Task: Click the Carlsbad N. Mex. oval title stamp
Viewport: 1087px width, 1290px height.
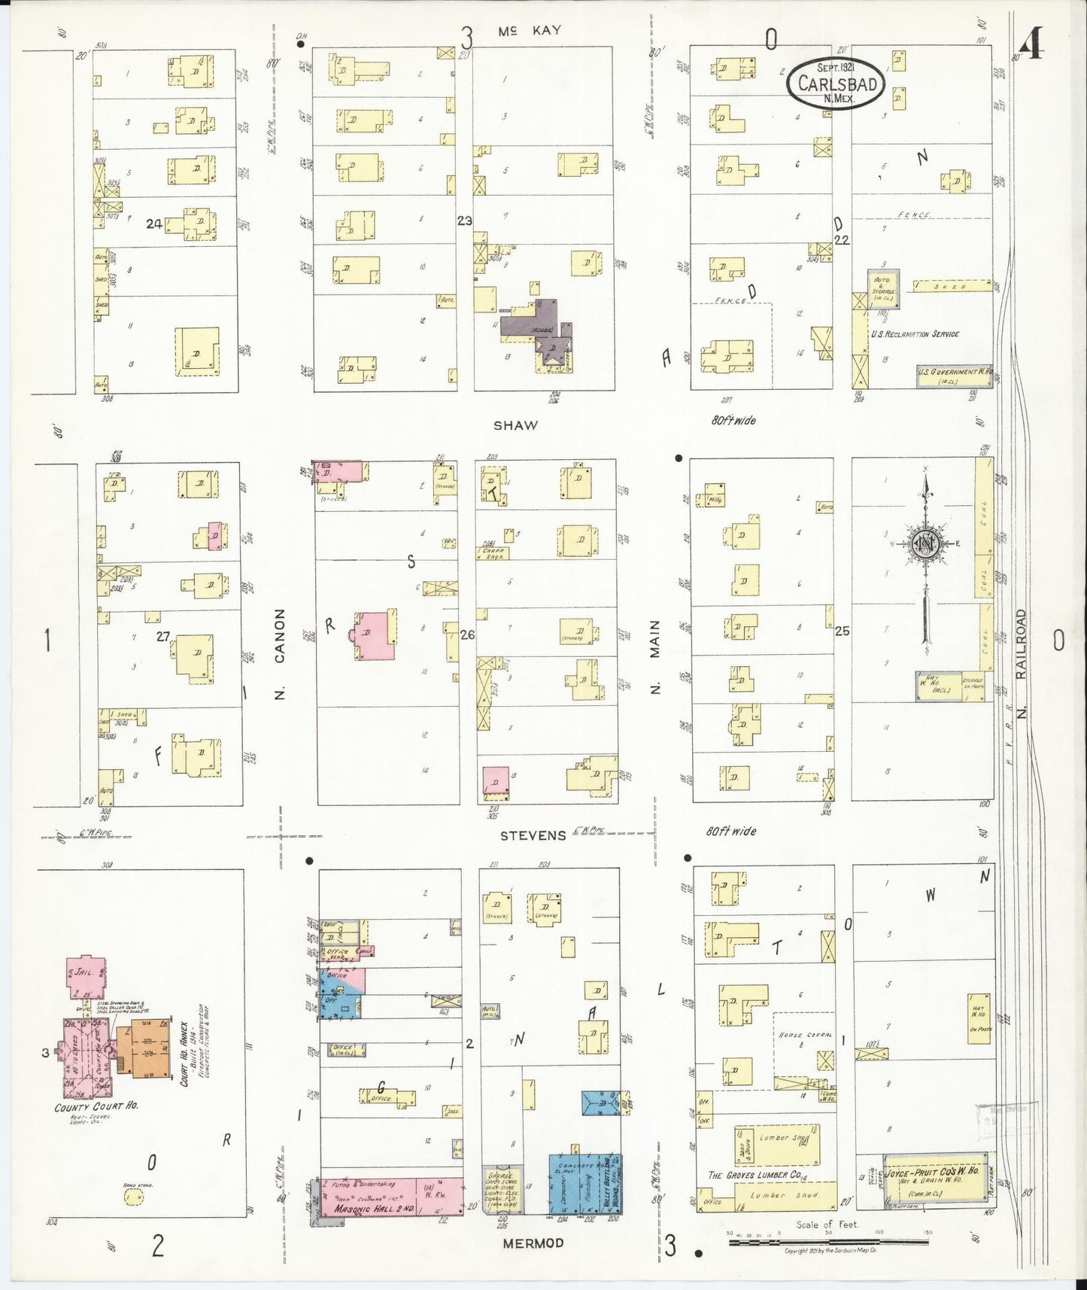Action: pos(836,83)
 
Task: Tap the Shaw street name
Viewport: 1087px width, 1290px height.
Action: pos(515,425)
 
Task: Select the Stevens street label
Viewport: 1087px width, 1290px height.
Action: pos(533,835)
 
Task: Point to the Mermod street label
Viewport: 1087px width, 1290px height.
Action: pos(533,1243)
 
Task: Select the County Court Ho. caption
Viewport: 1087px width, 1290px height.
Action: pos(96,1107)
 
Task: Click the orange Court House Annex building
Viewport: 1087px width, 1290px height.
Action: pos(150,1048)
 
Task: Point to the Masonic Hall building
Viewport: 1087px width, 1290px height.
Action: pos(391,1196)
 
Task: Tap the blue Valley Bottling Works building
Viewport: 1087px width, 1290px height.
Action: pos(584,1182)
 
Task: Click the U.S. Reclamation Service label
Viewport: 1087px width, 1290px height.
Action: pos(914,333)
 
